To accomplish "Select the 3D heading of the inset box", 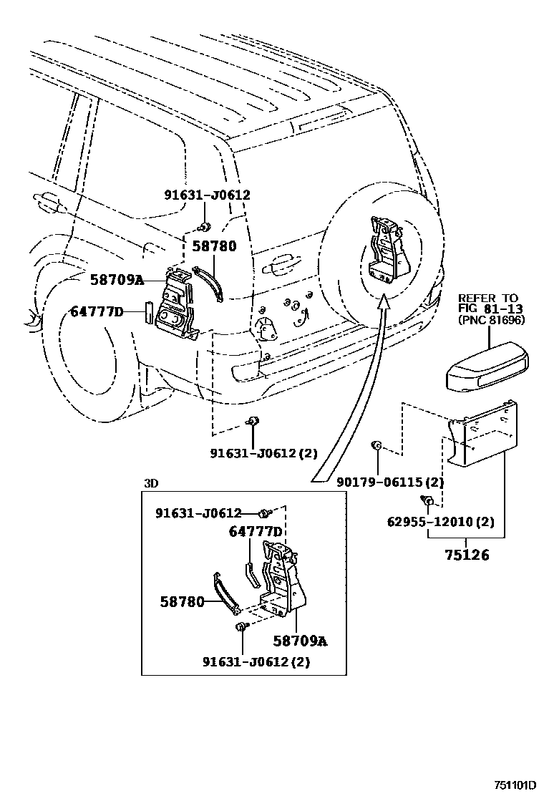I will pyautogui.click(x=150, y=483).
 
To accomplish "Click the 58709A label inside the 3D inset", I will pyautogui.click(x=300, y=641).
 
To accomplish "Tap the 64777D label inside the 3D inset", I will pyautogui.click(x=256, y=531).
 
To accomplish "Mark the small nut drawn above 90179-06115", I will pyautogui.click(x=374, y=447).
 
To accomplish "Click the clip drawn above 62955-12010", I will pyautogui.click(x=427, y=500).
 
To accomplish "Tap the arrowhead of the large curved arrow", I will pyautogui.click(x=384, y=304).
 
